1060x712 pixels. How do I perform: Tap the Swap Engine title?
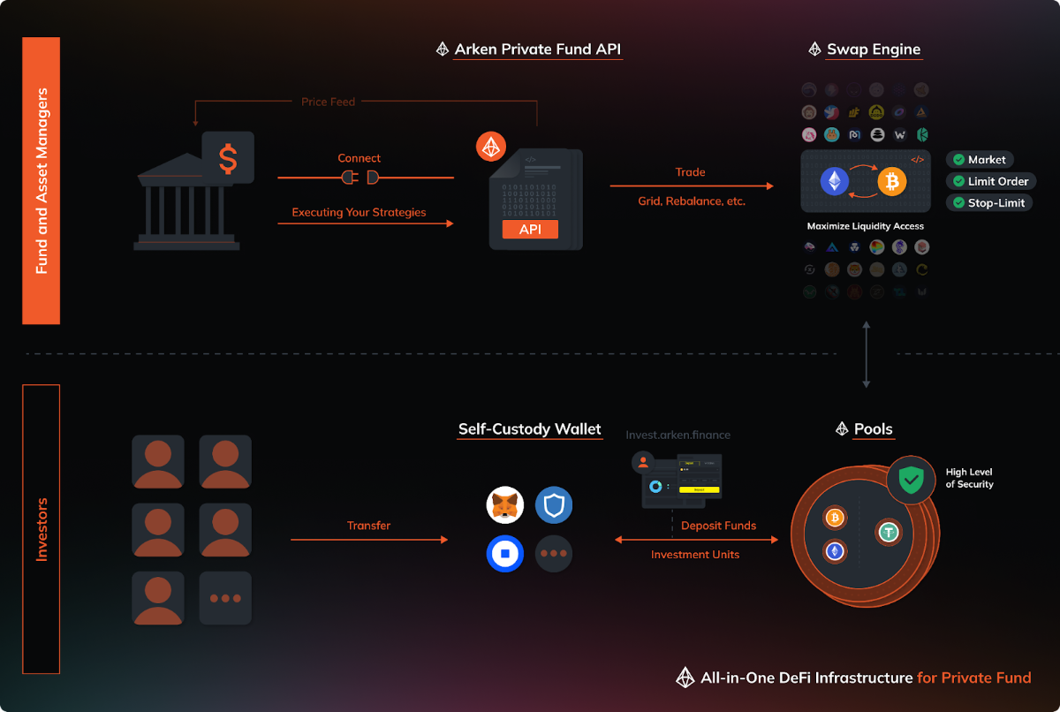coord(874,49)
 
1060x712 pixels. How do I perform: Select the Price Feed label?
coord(328,102)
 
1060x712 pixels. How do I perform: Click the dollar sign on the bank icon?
coord(228,158)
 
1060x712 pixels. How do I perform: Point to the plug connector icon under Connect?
coord(360,178)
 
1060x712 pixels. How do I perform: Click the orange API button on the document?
coord(530,230)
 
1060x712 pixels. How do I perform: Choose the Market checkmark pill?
coord(979,160)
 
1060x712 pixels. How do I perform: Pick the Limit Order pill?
coord(990,181)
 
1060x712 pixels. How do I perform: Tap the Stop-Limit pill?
coord(988,202)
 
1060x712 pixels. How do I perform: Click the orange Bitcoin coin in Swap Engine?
coord(892,182)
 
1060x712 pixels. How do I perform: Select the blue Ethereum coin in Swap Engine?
coord(834,182)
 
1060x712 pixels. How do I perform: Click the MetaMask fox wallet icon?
coord(505,506)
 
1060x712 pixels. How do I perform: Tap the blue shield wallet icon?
coord(554,506)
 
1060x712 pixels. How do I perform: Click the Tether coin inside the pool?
coord(888,532)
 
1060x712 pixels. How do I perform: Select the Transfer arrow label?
coord(368,526)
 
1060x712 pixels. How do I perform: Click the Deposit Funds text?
coord(718,526)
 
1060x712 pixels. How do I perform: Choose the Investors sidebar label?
coord(41,529)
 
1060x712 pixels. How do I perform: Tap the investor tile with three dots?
coord(225,598)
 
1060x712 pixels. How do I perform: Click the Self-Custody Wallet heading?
coord(529,430)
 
